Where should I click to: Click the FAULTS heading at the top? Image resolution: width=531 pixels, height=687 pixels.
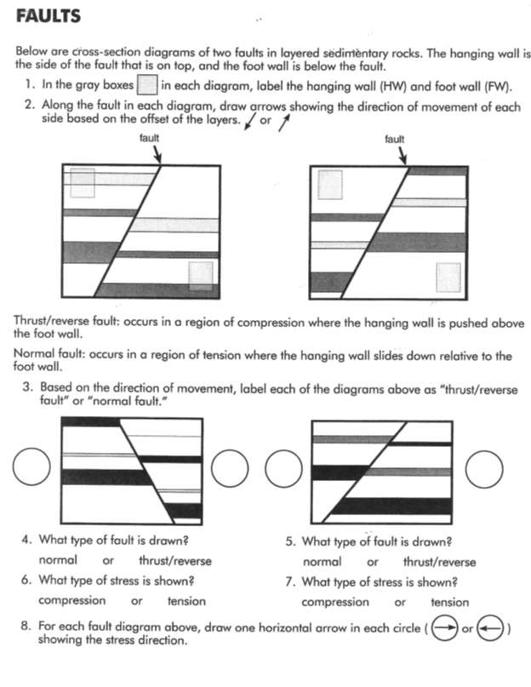[49, 16]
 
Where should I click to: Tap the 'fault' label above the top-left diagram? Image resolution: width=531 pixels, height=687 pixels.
[149, 138]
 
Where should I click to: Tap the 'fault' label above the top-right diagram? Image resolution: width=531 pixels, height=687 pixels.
[394, 138]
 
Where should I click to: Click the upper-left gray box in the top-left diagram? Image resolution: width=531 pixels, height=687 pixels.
[83, 183]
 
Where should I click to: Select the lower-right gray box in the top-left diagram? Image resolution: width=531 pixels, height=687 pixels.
[201, 275]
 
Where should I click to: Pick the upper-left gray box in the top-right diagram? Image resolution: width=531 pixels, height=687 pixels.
[329, 185]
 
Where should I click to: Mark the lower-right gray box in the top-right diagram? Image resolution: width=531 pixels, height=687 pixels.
[448, 278]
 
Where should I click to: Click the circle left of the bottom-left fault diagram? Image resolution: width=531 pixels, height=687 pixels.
[31, 467]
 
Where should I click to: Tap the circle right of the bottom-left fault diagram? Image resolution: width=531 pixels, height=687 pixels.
[229, 467]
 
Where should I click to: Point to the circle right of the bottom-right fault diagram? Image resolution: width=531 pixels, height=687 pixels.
[486, 467]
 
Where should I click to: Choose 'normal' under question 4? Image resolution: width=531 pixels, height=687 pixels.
[58, 560]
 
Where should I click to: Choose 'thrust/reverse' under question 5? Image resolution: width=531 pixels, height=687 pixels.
[439, 562]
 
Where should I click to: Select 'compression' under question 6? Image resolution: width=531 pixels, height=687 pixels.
[72, 601]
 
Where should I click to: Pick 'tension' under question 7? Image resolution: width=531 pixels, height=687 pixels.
[449, 602]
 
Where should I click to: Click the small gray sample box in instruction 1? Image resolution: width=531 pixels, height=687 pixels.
[147, 85]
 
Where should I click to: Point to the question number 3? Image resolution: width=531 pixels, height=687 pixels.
[28, 386]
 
